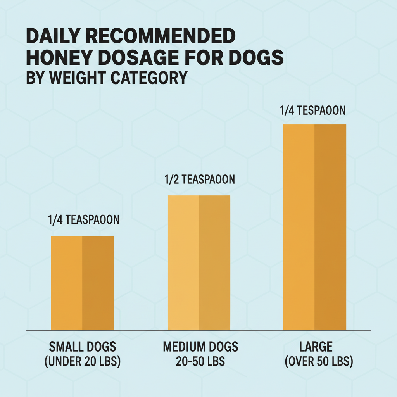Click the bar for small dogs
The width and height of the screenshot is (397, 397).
[82, 283]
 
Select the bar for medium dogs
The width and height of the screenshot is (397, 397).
[199, 263]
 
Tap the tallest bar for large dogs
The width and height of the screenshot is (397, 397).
[314, 227]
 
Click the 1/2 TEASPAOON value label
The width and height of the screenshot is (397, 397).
[199, 180]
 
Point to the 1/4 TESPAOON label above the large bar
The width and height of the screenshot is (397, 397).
[312, 110]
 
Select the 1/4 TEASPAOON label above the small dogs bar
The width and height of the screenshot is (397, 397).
[84, 220]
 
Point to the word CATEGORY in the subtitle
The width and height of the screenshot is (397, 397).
[149, 78]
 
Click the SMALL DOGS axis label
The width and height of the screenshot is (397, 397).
[83, 346]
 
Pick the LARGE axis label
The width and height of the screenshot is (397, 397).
[319, 346]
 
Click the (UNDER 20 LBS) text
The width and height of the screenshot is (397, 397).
[83, 362]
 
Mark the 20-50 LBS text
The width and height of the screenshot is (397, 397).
[200, 362]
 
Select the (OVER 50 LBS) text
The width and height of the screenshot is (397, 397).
[319, 362]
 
